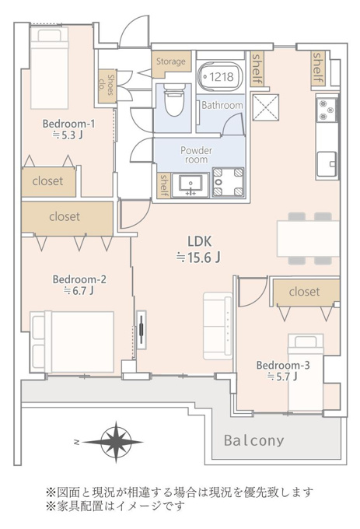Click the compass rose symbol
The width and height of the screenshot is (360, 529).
116,442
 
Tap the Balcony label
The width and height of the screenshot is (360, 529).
254,440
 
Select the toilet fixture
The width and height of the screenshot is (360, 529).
174,100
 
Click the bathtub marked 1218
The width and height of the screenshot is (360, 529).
221,77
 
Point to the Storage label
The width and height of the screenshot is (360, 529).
171,61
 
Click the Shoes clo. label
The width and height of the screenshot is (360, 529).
107,86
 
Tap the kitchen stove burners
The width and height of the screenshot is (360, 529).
327,110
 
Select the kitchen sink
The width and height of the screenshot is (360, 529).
327,164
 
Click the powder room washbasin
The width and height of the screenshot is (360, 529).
190,184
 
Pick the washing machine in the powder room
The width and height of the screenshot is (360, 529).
228,183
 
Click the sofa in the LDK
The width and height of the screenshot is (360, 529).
218,326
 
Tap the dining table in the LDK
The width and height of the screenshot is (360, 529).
308,239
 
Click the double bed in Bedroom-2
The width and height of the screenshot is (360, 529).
72,342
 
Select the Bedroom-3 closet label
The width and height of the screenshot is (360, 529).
304,292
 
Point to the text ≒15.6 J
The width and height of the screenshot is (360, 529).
198,257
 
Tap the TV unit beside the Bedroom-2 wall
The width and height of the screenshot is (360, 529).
142,330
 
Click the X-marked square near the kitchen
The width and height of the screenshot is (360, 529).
266,107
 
